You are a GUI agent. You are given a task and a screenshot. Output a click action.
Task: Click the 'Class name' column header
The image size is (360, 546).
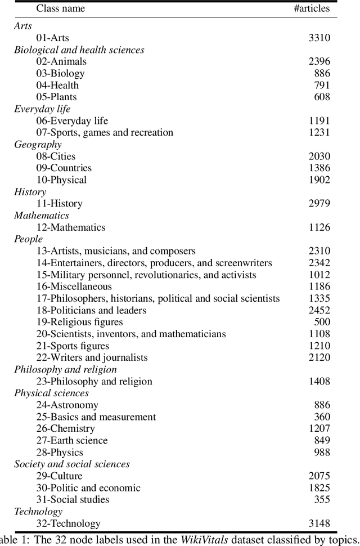click(60, 8)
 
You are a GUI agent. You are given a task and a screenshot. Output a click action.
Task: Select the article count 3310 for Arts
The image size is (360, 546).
click(319, 38)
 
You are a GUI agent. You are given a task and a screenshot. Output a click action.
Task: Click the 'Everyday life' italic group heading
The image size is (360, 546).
click(42, 109)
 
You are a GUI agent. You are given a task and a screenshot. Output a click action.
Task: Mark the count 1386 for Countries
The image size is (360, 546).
click(319, 168)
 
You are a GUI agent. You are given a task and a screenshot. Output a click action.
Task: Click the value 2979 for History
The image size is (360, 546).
click(319, 203)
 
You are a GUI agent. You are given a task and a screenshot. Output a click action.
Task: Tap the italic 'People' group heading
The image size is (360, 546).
click(28, 239)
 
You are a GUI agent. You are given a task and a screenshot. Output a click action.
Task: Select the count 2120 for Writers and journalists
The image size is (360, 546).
click(319, 357)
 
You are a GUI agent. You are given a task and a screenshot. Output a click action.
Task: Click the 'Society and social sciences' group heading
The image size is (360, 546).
click(72, 464)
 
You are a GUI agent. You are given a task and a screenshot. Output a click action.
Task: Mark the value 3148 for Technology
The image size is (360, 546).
click(319, 523)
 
